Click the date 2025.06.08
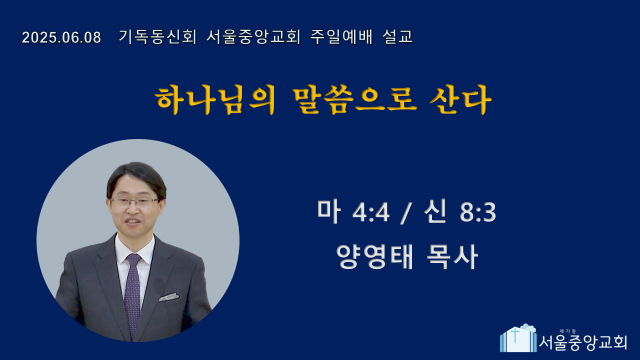61,37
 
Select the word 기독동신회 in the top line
157,37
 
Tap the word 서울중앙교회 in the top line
253,37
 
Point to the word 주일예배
341,37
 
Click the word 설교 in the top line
397,37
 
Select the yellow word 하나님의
215,100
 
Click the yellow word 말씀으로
354,100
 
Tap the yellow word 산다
460,100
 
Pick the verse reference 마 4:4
353,212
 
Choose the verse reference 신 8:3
460,212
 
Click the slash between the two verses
406,213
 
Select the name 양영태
374,256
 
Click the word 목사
452,256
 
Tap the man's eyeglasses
134,201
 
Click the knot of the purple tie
133,258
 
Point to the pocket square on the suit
169,297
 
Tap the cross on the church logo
515,335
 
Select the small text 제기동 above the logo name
567,331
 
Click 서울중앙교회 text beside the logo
583,342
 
